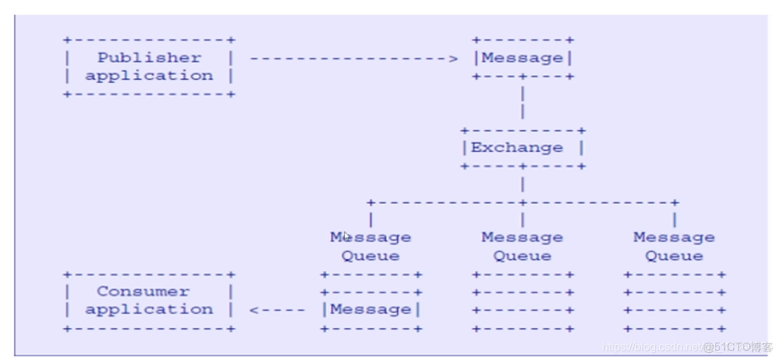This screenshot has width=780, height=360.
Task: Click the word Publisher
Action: (x=149, y=57)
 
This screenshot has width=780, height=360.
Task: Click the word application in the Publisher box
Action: (x=149, y=76)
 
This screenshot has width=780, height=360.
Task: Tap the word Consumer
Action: (x=143, y=291)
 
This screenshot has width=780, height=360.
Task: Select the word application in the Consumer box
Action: (x=149, y=310)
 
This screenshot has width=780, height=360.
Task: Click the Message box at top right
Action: (x=523, y=58)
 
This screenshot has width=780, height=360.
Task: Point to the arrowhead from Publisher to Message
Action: (x=453, y=59)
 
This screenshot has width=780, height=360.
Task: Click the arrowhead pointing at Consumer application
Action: (x=254, y=310)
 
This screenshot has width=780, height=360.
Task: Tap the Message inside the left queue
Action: (x=371, y=310)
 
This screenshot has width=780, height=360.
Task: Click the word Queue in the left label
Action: (x=371, y=256)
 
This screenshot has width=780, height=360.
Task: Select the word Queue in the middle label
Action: (x=522, y=256)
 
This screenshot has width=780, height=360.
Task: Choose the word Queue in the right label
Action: (x=674, y=256)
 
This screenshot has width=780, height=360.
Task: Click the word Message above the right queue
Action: (x=674, y=237)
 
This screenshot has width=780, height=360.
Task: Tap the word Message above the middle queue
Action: (x=522, y=237)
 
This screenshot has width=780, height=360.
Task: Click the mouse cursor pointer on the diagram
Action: (x=347, y=236)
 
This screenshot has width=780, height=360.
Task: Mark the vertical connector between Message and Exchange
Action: (x=523, y=103)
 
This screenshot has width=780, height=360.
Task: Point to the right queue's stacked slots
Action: (x=674, y=302)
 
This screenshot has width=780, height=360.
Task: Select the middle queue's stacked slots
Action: (x=523, y=302)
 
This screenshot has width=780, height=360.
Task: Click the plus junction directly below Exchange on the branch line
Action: (x=523, y=202)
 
